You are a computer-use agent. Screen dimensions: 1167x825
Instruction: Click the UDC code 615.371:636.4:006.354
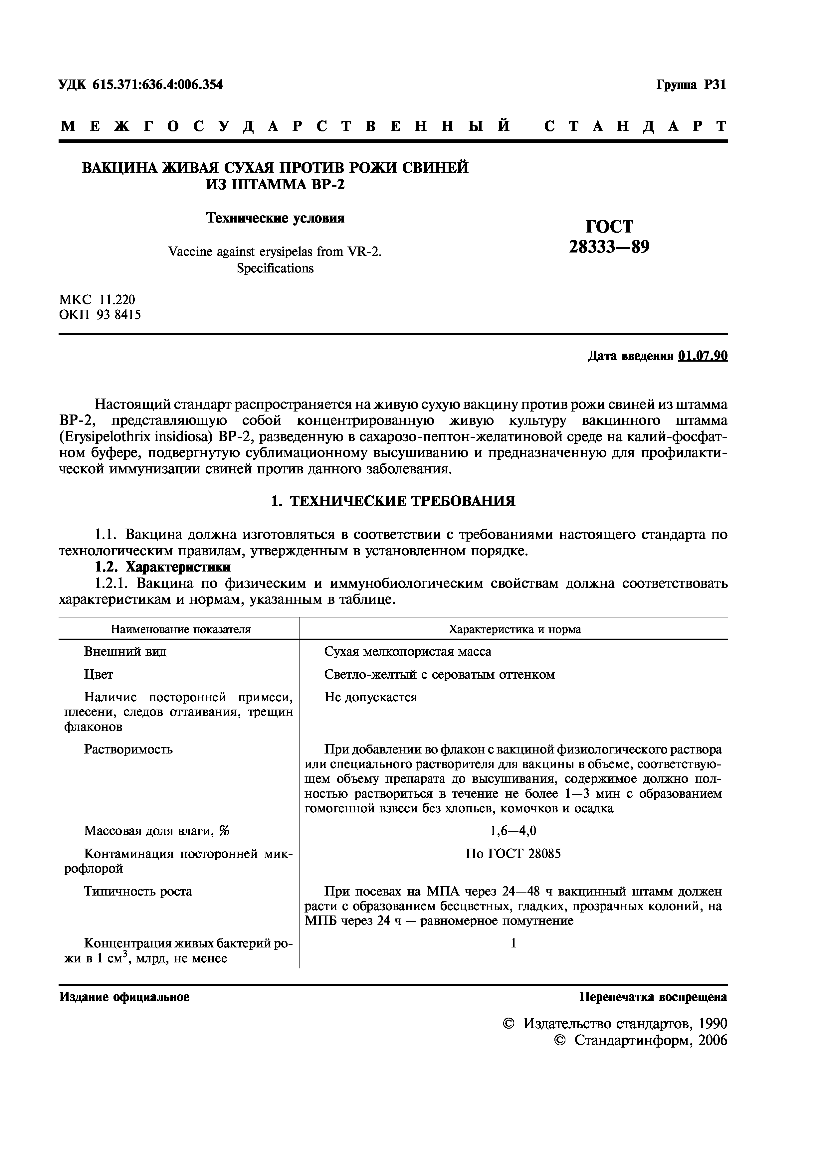coord(157,84)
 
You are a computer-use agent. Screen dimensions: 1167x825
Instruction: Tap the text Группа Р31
coord(691,85)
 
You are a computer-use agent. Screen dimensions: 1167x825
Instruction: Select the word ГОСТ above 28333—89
coord(609,226)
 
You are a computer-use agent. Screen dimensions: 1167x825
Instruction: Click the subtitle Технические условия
coord(275,218)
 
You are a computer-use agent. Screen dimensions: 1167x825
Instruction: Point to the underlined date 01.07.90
coord(703,356)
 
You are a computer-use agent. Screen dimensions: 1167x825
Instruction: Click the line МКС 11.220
coord(97,300)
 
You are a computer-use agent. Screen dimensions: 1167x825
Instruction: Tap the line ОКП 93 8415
coord(100,315)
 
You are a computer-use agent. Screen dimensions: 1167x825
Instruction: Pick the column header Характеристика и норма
coord(515,629)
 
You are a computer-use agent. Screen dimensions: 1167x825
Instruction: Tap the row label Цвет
coord(99,674)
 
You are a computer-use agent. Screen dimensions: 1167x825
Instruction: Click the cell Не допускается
coord(370,697)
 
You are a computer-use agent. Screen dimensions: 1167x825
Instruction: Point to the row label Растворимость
coord(128,749)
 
